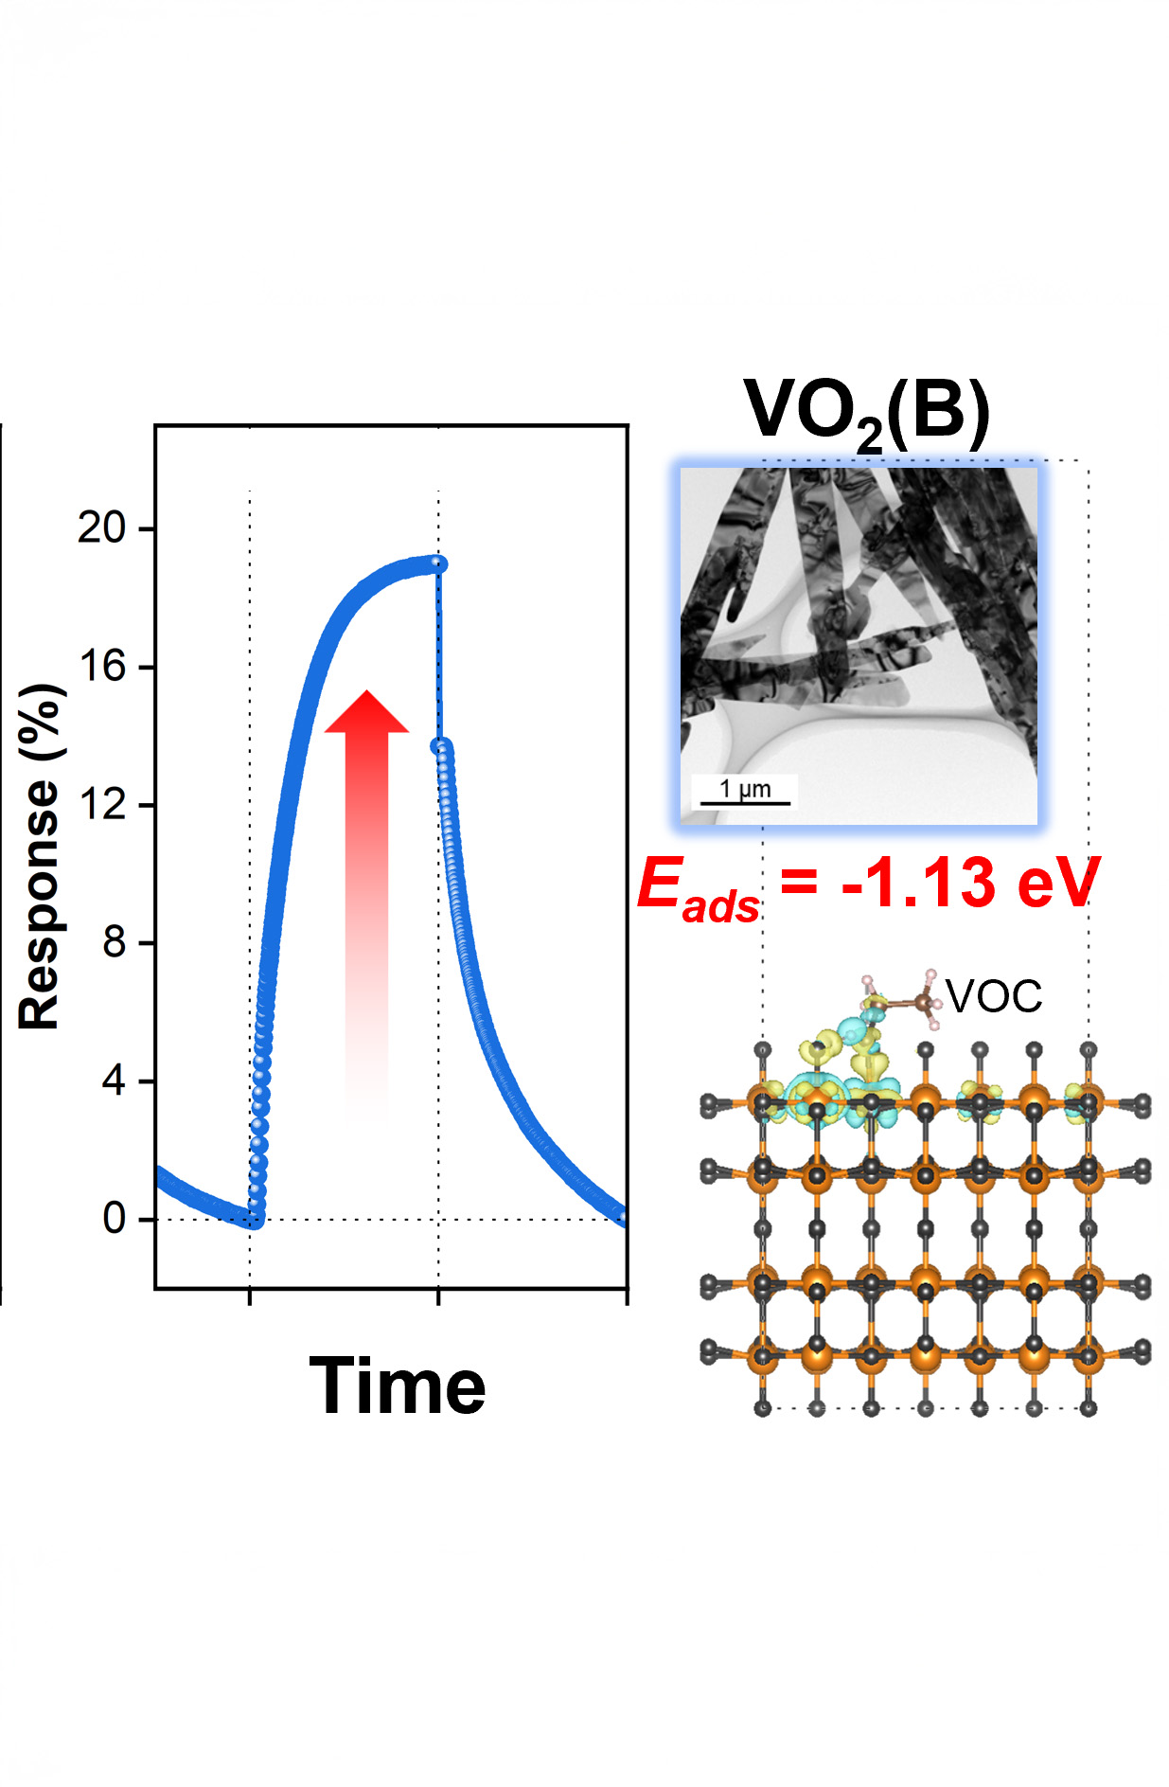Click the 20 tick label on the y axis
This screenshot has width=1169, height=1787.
pos(101,527)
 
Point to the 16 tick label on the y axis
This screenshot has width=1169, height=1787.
pos(101,667)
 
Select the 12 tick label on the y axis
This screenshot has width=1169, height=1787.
pos(101,805)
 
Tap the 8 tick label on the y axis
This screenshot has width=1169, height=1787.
pos(114,943)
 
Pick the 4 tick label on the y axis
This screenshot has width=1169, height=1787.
pos(114,1081)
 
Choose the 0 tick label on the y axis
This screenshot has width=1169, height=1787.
pos(114,1219)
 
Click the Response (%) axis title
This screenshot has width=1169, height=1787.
pos(41,856)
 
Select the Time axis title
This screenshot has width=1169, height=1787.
pos(398,1386)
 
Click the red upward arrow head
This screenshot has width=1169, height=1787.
pos(366,713)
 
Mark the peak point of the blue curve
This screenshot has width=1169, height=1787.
pos(437,564)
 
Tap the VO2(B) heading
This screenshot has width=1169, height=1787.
pos(866,412)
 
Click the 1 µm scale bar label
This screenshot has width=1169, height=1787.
pos(745,789)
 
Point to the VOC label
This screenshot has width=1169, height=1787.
pos(994,996)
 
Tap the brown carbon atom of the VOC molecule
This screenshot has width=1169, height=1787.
pos(921,1002)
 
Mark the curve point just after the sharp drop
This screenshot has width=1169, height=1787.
pos(439,747)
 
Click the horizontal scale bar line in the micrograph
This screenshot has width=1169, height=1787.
pos(745,804)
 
